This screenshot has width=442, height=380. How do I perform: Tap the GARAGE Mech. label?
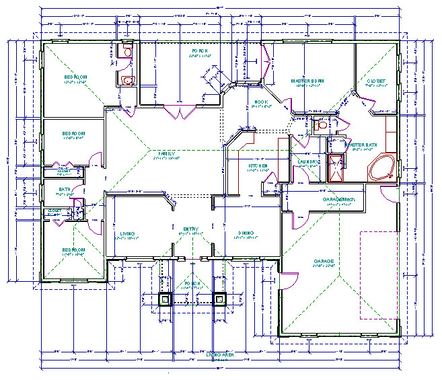338,200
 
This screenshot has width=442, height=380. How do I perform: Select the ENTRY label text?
191,229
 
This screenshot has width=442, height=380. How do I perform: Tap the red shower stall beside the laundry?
334,169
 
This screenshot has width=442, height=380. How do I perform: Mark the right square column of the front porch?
218,299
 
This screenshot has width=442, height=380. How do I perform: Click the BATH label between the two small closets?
65,190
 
